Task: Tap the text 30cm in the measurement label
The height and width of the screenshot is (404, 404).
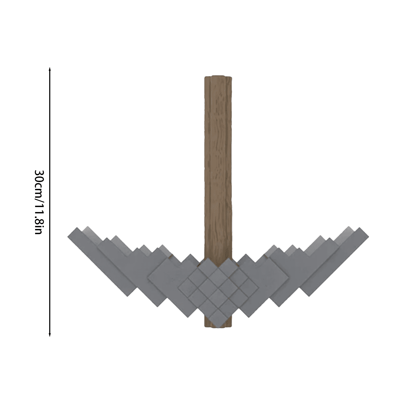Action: point(39,184)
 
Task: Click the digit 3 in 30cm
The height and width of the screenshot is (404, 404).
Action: point(39,173)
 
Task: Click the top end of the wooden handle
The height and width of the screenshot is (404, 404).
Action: point(218,77)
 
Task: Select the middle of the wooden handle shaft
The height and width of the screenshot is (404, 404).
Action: point(218,164)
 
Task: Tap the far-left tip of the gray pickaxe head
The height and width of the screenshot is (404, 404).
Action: point(68,236)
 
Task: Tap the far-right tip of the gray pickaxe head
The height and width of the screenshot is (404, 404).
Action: point(368,236)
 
